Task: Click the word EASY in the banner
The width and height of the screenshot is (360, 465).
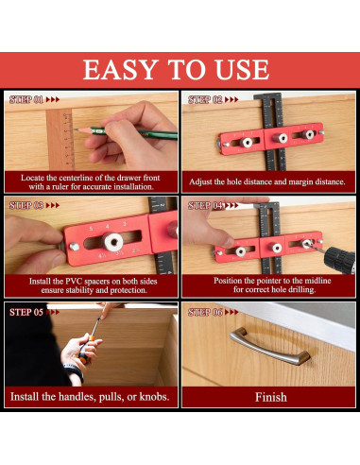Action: [x=121, y=70]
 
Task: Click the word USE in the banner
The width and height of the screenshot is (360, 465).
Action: [x=242, y=70]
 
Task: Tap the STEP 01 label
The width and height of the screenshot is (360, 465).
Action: [x=26, y=100]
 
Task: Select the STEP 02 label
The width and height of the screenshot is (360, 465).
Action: [x=205, y=100]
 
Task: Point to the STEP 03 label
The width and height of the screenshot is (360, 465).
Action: [x=26, y=205]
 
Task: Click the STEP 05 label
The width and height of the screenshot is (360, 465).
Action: [x=26, y=312]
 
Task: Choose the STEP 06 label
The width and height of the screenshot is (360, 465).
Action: [x=205, y=312]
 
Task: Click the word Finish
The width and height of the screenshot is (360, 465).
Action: [x=271, y=397]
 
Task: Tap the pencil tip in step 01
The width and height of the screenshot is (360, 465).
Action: [x=75, y=129]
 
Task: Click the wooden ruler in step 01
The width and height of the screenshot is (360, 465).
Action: [x=60, y=140]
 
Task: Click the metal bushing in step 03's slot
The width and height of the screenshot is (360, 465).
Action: [x=113, y=242]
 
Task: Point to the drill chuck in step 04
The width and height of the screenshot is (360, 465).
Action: [x=339, y=260]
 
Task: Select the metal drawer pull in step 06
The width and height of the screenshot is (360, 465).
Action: [x=269, y=346]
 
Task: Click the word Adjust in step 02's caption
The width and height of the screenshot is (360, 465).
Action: [x=200, y=181]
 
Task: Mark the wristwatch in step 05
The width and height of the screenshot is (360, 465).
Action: [x=75, y=370]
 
